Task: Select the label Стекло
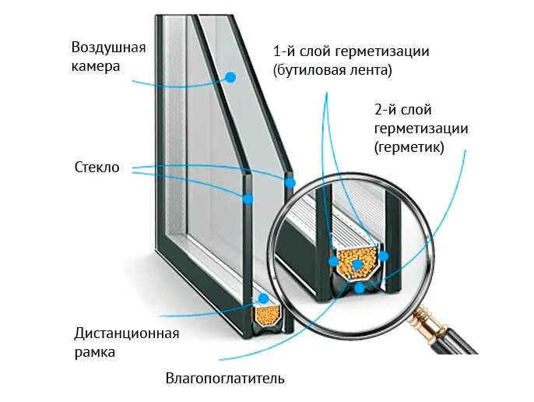click(97, 167)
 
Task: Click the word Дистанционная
click(127, 333)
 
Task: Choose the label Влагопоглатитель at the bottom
click(225, 379)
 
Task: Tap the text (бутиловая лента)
click(332, 70)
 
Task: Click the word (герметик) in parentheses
click(409, 146)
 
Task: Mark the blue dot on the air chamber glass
click(230, 76)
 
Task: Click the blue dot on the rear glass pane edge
click(290, 183)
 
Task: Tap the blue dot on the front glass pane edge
click(248, 199)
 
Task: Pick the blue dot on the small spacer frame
click(263, 299)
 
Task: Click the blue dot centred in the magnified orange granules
click(357, 266)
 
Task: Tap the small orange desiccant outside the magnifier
click(267, 313)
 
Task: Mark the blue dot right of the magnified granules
click(382, 256)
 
